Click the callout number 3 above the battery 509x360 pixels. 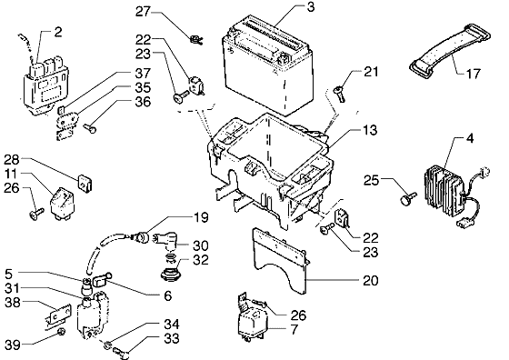(x=310, y=7)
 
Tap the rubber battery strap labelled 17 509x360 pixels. (x=450, y=49)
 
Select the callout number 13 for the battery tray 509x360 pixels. (x=370, y=130)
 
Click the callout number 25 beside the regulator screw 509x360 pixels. (x=372, y=180)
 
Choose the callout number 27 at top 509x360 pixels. (x=144, y=12)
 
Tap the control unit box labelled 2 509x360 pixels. (x=45, y=86)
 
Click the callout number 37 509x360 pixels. (x=143, y=74)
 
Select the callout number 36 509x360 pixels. (x=143, y=102)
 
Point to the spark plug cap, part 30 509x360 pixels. (x=166, y=243)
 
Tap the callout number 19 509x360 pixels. (x=201, y=217)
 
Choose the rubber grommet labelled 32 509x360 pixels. (x=171, y=274)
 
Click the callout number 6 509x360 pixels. (x=167, y=295)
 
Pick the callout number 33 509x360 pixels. (x=172, y=338)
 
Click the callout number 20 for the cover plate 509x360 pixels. (x=371, y=281)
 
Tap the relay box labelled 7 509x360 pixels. (x=254, y=323)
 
